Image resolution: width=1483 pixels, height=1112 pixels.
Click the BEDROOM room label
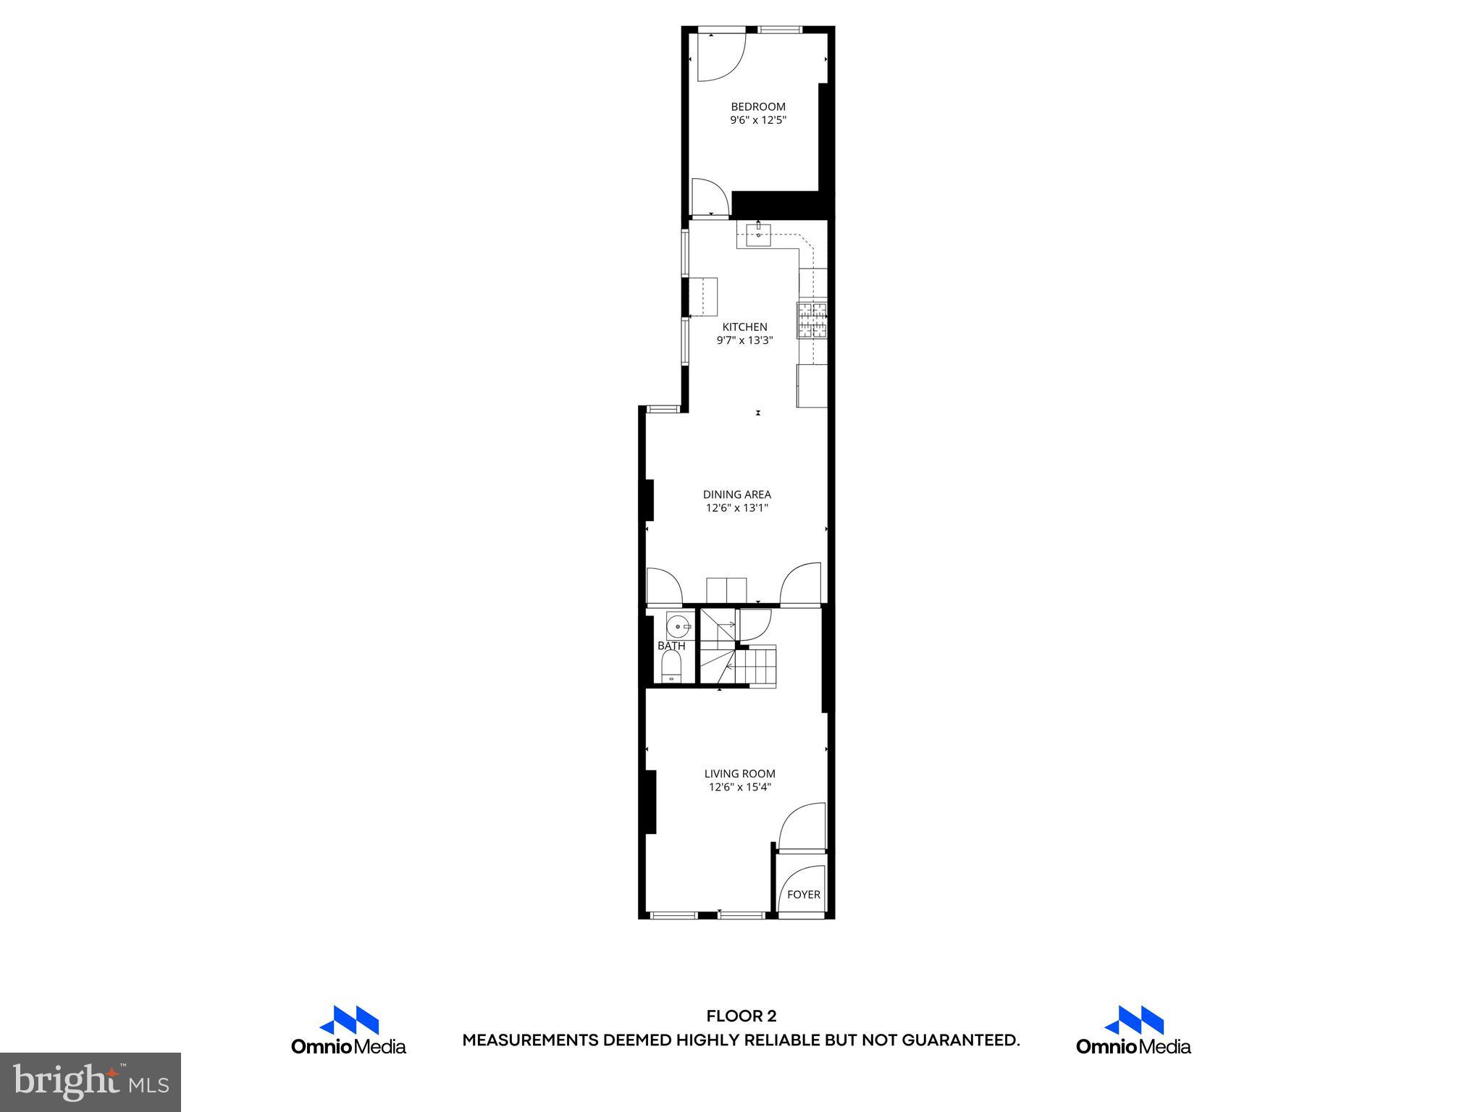pos(757,107)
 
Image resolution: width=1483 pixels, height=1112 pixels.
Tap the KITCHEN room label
pos(744,327)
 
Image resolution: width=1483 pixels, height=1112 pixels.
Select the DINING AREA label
pos(736,494)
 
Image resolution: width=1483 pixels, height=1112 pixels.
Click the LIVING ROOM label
pos(739,773)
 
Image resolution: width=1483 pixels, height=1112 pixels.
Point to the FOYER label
pos(803,894)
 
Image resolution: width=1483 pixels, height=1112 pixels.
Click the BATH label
pos(671,646)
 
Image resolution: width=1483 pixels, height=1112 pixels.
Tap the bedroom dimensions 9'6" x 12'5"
pos(757,120)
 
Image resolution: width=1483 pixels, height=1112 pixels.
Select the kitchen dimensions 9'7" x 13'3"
pos(744,340)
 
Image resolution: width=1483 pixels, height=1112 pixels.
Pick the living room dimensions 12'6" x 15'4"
pos(739,787)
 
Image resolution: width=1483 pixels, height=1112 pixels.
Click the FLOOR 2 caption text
pos(741,1016)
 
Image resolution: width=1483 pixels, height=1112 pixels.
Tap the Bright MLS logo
pos(91,1082)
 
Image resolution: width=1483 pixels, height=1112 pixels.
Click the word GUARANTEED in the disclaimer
pos(959,1041)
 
